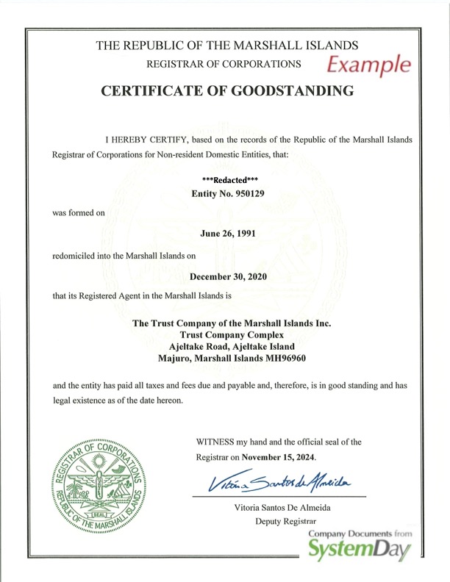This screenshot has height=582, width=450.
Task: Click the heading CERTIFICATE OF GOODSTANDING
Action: click(227, 91)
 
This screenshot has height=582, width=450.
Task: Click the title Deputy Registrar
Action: click(282, 522)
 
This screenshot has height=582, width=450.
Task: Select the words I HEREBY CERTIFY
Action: click(144, 139)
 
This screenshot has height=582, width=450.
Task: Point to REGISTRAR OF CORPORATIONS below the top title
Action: click(224, 64)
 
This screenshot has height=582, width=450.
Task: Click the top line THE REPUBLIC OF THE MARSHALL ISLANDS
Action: click(227, 46)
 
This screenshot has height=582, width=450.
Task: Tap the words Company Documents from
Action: click(361, 533)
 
